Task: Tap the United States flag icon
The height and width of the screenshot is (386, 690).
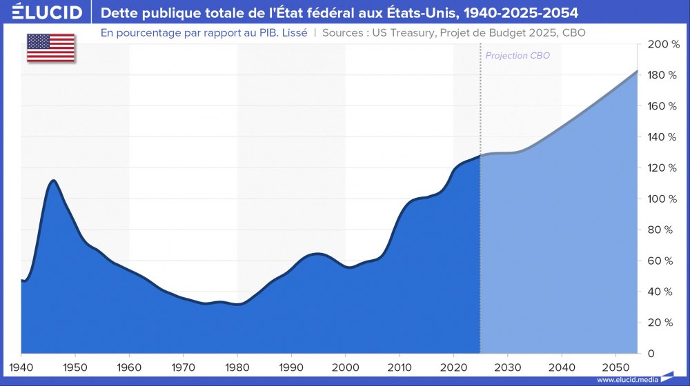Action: (51, 47)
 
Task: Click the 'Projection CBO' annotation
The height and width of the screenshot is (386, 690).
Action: (517, 56)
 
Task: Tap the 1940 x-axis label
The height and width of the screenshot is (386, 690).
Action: (21, 365)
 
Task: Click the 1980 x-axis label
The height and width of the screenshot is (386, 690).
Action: (237, 365)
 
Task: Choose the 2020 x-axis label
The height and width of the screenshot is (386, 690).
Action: (453, 365)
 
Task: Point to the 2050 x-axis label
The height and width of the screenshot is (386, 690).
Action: (615, 365)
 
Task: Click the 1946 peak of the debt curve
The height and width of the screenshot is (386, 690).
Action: (53, 181)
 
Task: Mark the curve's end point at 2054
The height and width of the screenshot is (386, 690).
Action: (637, 71)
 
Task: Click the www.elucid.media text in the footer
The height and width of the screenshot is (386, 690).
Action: (627, 380)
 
